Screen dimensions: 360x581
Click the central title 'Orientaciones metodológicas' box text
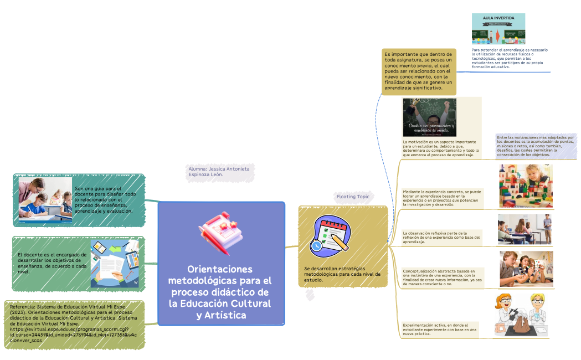(x=220, y=292)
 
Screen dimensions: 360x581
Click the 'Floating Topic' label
(x=352, y=197)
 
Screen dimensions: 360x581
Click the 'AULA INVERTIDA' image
(x=498, y=29)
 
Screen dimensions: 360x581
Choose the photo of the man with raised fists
(x=429, y=117)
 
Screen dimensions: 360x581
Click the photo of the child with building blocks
(x=526, y=186)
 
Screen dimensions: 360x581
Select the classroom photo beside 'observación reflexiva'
(x=525, y=229)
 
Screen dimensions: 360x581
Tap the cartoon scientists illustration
(x=522, y=316)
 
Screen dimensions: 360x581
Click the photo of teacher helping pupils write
(x=45, y=200)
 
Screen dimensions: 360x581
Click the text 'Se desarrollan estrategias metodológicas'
(x=341, y=274)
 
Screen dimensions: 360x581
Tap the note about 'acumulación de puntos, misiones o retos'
(x=535, y=146)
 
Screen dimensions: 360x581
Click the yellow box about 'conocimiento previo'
(x=419, y=71)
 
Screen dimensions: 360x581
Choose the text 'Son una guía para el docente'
(x=106, y=199)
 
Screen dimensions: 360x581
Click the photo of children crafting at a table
(x=526, y=269)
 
